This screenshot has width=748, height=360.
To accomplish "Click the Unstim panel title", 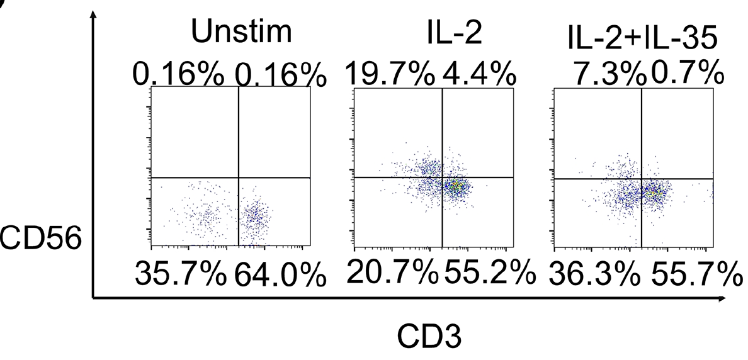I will pyautogui.click(x=242, y=33).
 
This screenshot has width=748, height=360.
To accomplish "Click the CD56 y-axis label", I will pyautogui.click(x=42, y=239).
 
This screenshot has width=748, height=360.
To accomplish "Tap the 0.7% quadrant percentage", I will pyautogui.click(x=687, y=76).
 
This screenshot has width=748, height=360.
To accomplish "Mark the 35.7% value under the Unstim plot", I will pyautogui.click(x=180, y=274).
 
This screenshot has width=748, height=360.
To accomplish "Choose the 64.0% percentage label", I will pyautogui.click(x=280, y=274).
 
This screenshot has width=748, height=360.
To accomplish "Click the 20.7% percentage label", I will pyautogui.click(x=392, y=273).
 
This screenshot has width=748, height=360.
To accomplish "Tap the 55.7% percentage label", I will pyautogui.click(x=694, y=274).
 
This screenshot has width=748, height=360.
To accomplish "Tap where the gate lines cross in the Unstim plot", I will pyautogui.click(x=239, y=177).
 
